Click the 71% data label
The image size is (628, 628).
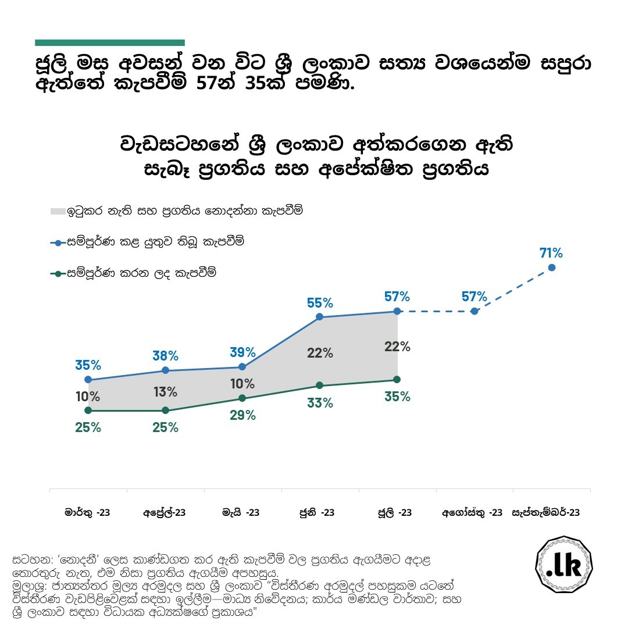[551, 254]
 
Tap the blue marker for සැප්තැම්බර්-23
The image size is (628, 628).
[552, 267]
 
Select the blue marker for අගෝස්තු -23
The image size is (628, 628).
[474, 311]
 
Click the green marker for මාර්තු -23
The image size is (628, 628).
[88, 411]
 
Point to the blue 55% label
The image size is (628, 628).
[320, 303]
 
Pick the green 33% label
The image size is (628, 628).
[320, 402]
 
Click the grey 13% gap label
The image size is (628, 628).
[165, 392]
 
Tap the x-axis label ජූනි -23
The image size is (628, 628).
[317, 513]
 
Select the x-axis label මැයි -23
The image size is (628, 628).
[241, 513]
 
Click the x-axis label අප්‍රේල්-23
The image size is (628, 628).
[165, 513]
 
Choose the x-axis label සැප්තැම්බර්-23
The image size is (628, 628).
[545, 513]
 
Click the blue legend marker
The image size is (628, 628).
[58, 243]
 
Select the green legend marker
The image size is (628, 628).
[58, 273]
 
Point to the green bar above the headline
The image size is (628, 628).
[109, 42]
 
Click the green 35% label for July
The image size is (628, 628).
[397, 397]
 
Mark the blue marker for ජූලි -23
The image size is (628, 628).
[397, 311]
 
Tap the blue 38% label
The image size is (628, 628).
[165, 356]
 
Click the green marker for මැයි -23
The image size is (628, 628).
[242, 398]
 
